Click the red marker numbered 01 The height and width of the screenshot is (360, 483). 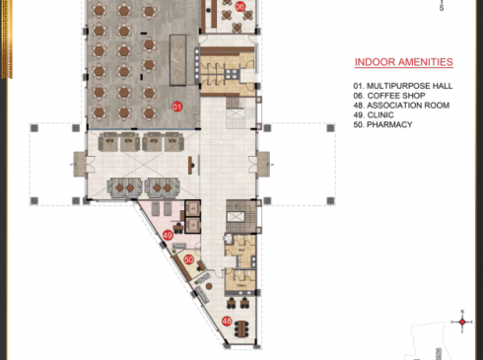click(x=178, y=106)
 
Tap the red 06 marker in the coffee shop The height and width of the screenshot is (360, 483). click(x=241, y=7)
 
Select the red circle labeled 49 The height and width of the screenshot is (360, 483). click(x=169, y=236)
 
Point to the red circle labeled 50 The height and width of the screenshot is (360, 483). click(x=189, y=259)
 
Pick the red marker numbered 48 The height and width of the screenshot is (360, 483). click(x=227, y=322)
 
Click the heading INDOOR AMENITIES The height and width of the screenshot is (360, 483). click(x=403, y=62)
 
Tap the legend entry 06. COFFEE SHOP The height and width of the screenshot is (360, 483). click(x=391, y=97)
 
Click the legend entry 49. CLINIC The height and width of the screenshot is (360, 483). click(x=378, y=115)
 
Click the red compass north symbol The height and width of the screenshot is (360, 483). click(x=461, y=322)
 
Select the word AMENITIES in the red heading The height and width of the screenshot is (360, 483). click(x=424, y=62)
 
